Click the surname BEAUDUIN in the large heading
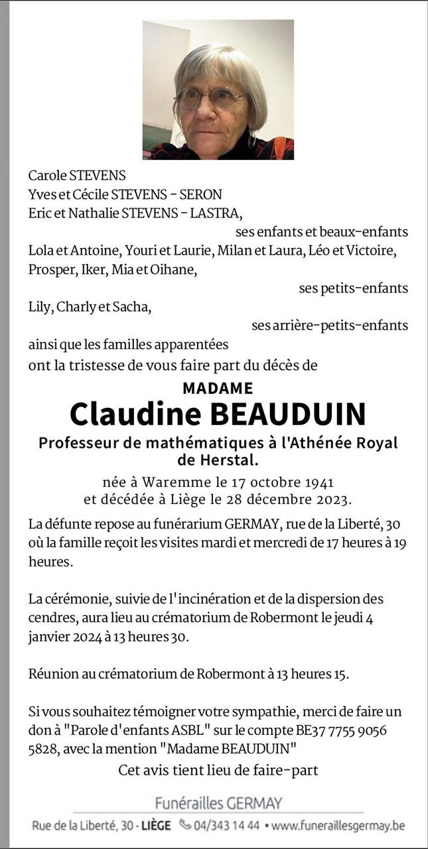[x=287, y=414]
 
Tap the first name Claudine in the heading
[x=135, y=414]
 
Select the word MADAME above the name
[x=218, y=388]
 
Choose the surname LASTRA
[x=218, y=214]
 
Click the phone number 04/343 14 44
[x=228, y=826]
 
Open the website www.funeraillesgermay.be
[x=338, y=826]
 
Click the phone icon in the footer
[x=184, y=826]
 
